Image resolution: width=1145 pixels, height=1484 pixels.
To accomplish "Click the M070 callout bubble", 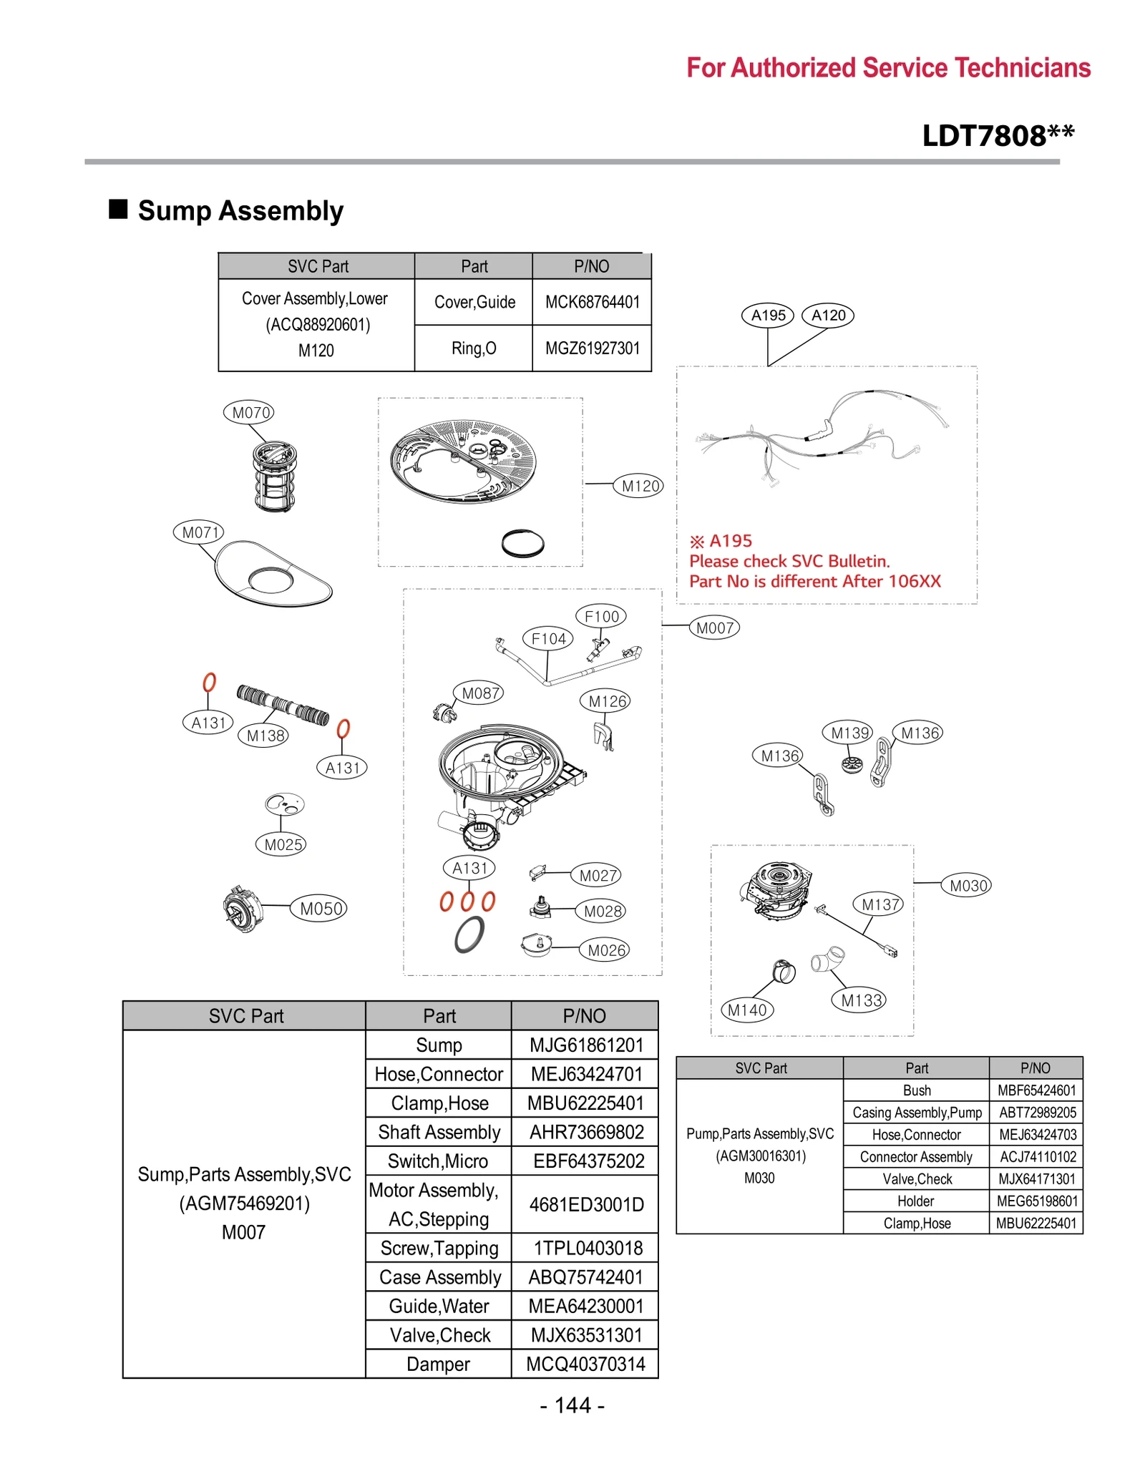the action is pyautogui.click(x=248, y=412).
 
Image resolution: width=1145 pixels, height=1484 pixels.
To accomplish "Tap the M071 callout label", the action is pyautogui.click(x=199, y=532).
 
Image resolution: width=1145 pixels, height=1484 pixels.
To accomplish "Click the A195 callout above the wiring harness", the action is pyautogui.click(x=767, y=315).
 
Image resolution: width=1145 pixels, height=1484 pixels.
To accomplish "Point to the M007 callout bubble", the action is pyautogui.click(x=713, y=628).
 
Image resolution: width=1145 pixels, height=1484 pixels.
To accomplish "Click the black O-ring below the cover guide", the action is pyautogui.click(x=522, y=543).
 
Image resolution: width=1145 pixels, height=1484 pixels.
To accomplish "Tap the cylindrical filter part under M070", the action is pyautogui.click(x=275, y=476).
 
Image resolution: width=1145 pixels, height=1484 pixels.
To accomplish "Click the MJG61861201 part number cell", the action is pyautogui.click(x=585, y=1045).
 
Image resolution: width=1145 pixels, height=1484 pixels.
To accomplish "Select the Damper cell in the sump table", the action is pyautogui.click(x=438, y=1364).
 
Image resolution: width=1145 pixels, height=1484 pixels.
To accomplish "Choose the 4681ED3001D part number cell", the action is pyautogui.click(x=585, y=1204).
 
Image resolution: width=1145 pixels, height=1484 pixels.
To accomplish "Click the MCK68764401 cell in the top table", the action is pyautogui.click(x=591, y=302).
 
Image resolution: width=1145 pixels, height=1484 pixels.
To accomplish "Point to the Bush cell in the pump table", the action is pyautogui.click(x=916, y=1090).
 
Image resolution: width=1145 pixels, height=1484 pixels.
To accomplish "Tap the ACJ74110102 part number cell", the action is pyautogui.click(x=1036, y=1156).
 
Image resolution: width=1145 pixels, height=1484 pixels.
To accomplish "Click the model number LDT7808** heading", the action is pyautogui.click(x=997, y=135).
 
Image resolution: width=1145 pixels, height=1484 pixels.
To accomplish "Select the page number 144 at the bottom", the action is pyautogui.click(x=572, y=1405).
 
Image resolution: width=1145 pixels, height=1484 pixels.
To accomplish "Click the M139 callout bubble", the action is pyautogui.click(x=849, y=732).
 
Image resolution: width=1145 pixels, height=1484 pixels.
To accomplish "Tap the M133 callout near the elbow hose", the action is pyautogui.click(x=858, y=1000).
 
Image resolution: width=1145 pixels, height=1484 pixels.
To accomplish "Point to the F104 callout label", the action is pyautogui.click(x=548, y=638).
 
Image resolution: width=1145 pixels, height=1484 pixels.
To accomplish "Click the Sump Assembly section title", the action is pyautogui.click(x=240, y=210).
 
